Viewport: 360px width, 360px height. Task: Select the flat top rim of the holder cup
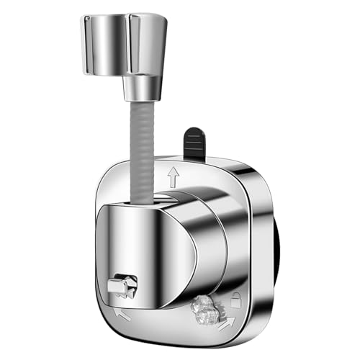[127, 16]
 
